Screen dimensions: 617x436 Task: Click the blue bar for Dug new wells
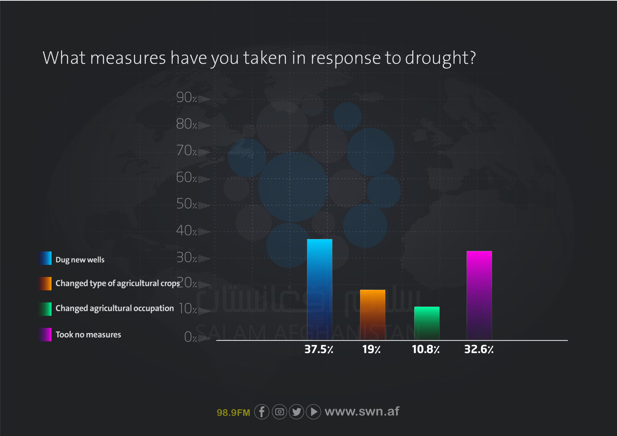320,290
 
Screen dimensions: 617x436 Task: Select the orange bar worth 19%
372,315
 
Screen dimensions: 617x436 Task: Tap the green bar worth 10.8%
427,324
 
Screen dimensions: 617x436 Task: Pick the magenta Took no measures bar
479,296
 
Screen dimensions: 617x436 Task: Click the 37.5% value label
319,349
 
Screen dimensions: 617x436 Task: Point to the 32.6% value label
479,349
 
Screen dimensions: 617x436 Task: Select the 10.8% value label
426,349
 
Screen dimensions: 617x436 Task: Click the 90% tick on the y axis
187,97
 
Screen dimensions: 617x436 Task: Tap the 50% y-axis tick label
187,204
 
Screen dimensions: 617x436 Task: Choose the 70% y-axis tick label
187,151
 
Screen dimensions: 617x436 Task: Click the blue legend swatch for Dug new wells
45,258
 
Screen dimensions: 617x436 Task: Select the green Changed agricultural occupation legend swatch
45,309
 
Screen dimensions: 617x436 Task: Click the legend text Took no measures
88,334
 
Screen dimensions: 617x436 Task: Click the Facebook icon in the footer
262,412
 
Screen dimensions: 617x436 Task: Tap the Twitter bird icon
296,412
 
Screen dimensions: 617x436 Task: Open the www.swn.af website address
362,411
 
